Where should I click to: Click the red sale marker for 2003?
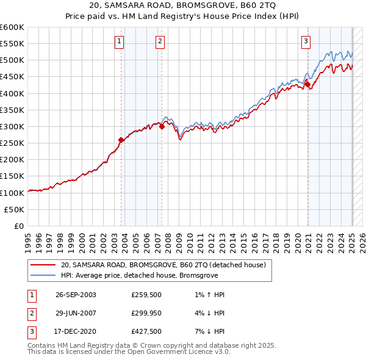[121, 140]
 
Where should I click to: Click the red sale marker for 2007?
[162, 127]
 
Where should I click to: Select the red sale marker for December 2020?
[308, 85]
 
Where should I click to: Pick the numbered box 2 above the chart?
[159, 41]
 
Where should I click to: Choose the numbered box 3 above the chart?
[305, 41]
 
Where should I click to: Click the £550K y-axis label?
[12, 44]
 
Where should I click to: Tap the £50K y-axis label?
[14, 209]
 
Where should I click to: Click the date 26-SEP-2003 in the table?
[76, 295]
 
